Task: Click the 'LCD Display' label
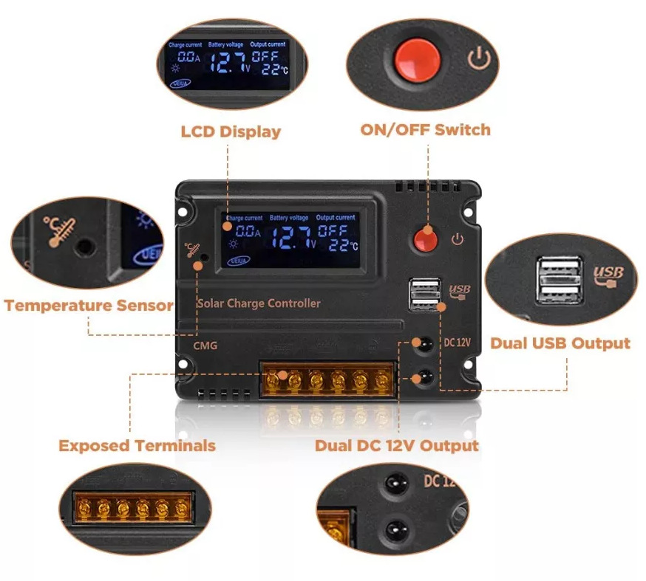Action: pos(231,132)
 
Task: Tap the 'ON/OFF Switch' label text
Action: pos(425,130)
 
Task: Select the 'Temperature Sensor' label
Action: pos(88,305)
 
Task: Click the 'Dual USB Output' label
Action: pos(560,343)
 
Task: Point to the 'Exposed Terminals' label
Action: pos(137,446)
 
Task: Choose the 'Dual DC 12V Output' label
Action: pos(396,446)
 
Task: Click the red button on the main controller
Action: pos(424,238)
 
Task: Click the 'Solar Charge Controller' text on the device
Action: pos(259,303)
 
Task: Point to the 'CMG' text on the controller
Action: pos(205,345)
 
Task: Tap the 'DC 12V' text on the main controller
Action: pos(457,343)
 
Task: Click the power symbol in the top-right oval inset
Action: pos(480,58)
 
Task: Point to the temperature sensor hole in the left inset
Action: pos(87,246)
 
